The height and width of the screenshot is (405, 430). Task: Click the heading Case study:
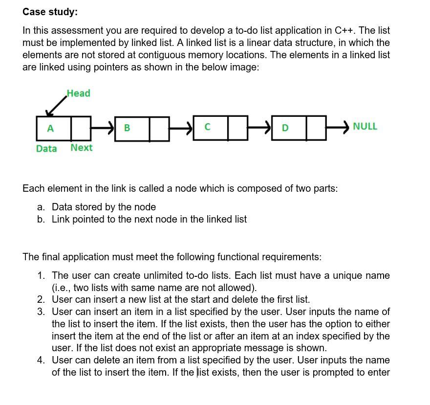pos(50,11)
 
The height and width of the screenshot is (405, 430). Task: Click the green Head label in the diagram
pos(78,93)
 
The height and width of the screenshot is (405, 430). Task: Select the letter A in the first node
pos(50,129)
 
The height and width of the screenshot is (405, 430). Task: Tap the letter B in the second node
pos(127,128)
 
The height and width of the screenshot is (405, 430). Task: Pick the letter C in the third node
pos(207,128)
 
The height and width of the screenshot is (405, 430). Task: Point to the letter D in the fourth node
pos(285,128)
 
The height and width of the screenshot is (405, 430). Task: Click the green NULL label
pos(365,126)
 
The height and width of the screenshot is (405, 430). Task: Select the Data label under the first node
pos(46,148)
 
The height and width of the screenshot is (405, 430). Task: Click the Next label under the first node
pos(81,148)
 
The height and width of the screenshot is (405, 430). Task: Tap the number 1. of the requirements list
pos(42,275)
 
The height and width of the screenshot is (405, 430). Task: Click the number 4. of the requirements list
pos(42,360)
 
